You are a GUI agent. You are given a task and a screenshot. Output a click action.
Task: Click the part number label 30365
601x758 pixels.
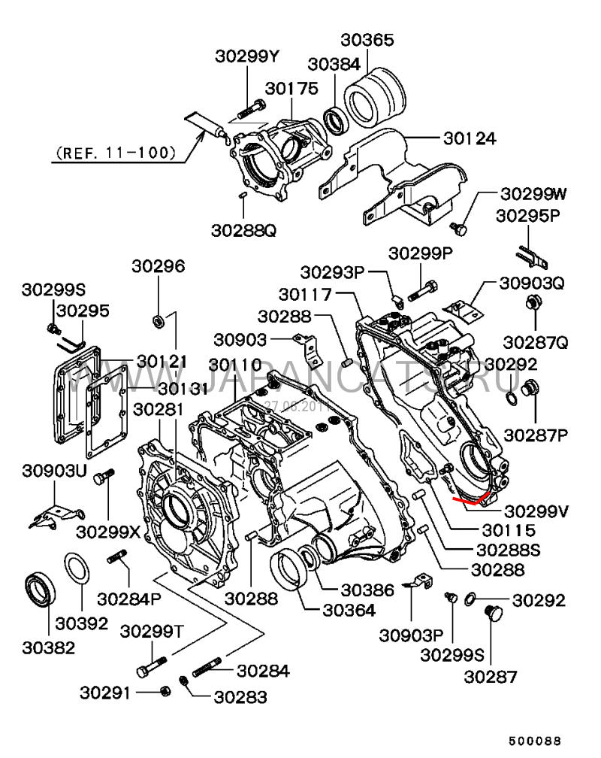tap(367, 39)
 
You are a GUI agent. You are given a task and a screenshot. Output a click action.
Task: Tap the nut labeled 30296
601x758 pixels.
tap(159, 322)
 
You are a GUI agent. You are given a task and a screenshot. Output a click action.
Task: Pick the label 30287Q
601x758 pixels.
tap(536, 342)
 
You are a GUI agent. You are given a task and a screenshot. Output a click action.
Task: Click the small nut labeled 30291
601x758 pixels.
tap(165, 690)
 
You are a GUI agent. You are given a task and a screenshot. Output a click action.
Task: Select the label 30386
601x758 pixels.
tap(367, 591)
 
